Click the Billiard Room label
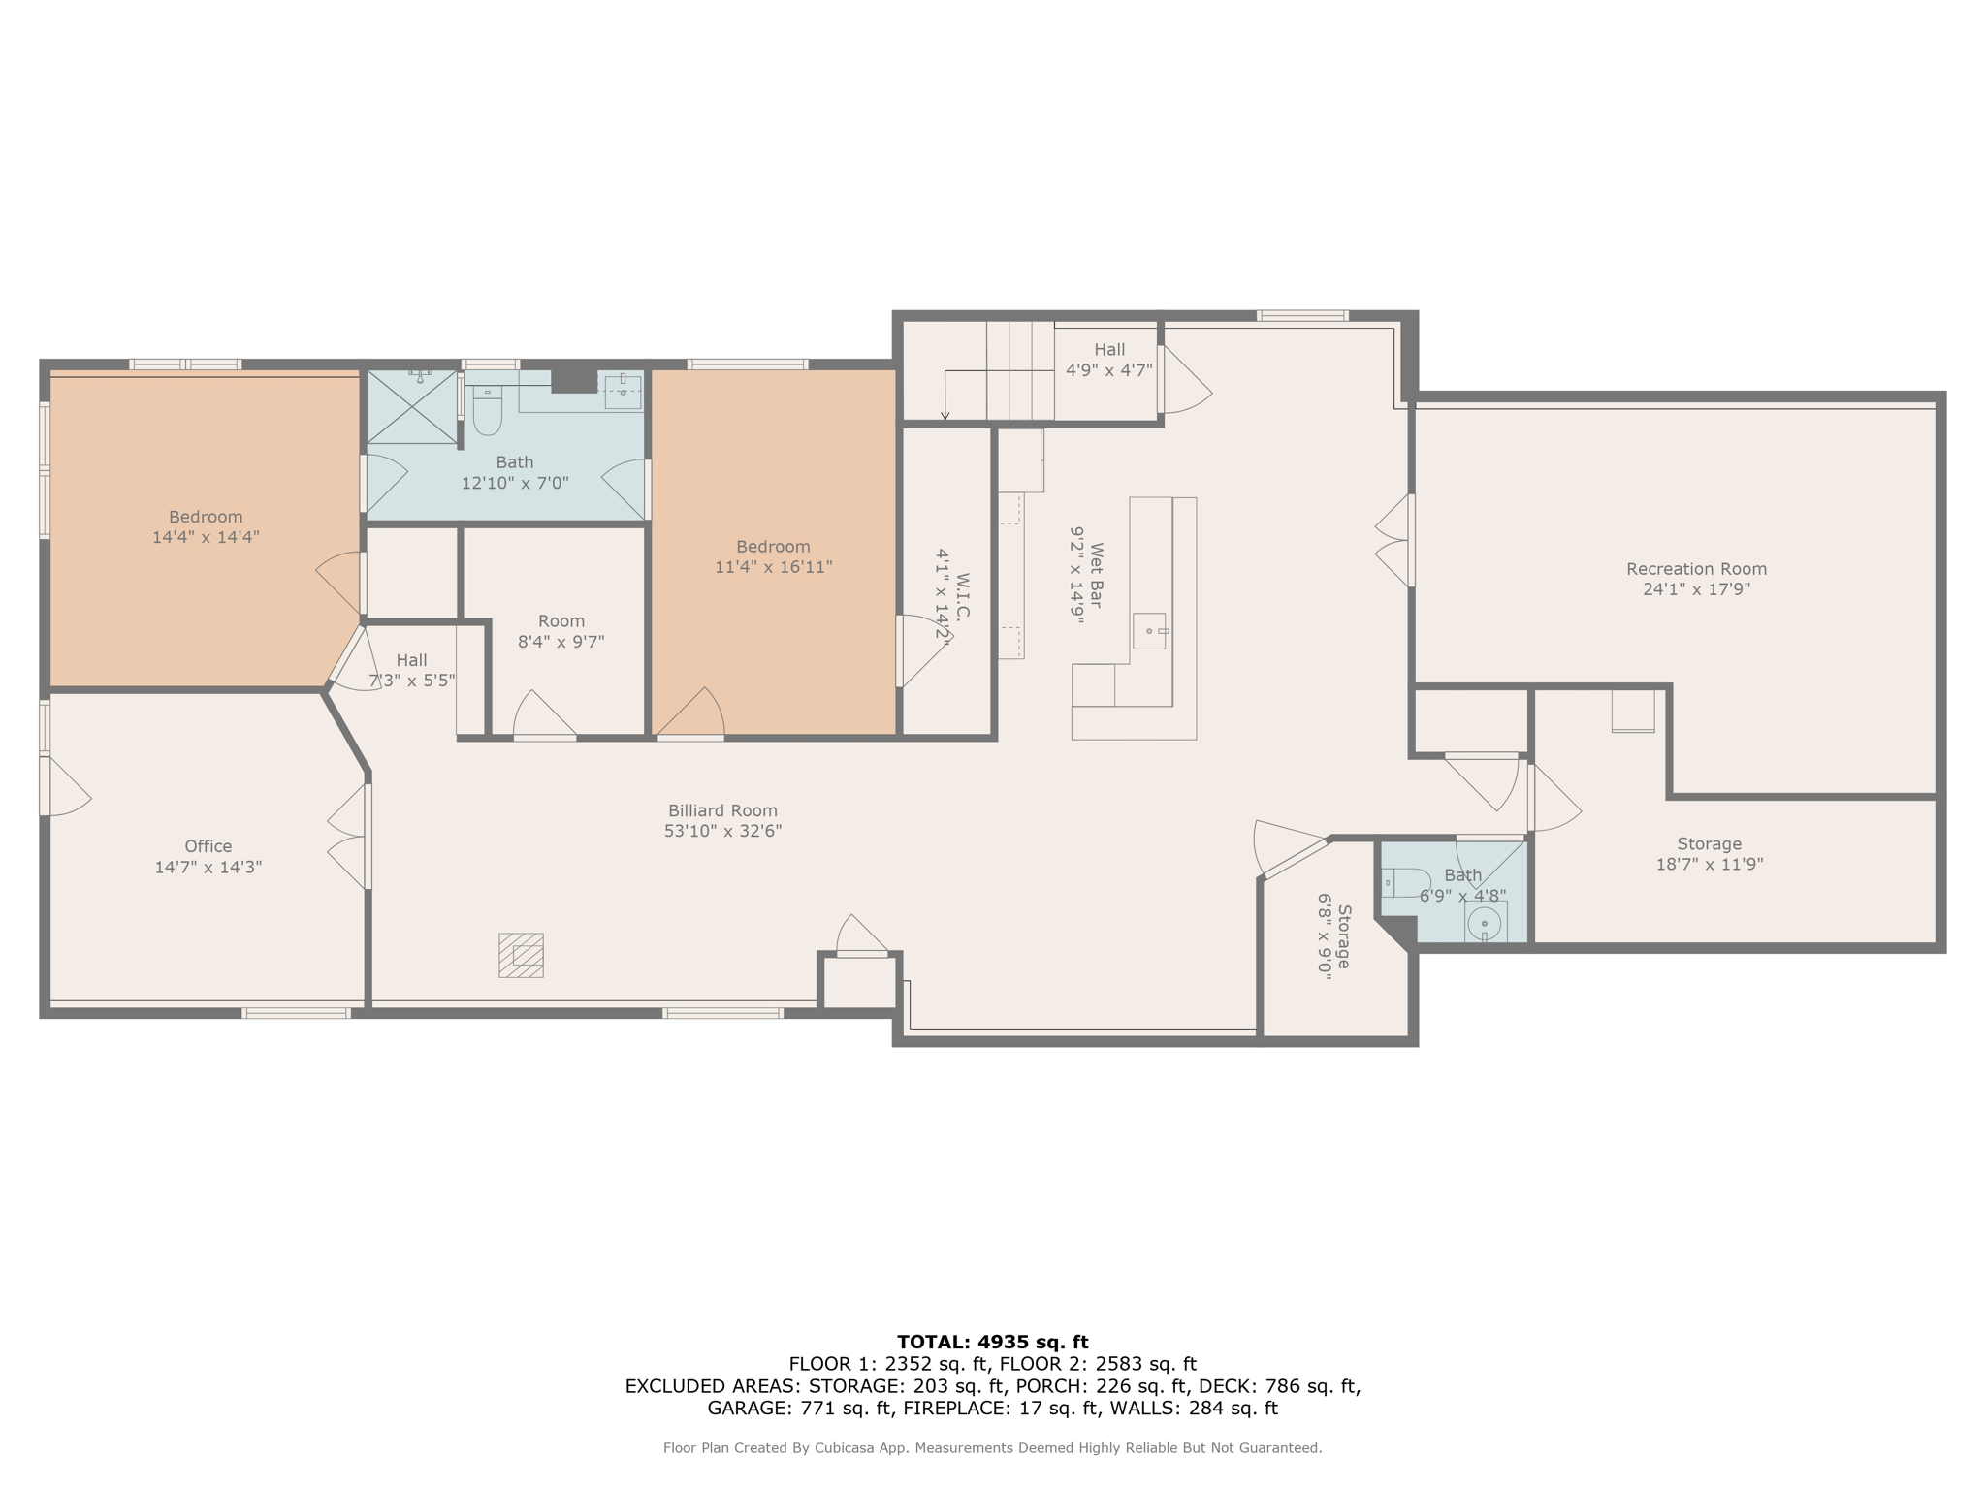coord(722,810)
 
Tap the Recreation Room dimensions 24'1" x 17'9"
coord(1696,589)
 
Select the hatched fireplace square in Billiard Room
coord(521,955)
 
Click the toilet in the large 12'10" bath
coord(487,413)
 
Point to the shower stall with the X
coord(411,407)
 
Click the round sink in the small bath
coord(1484,925)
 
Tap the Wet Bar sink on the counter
coord(1150,631)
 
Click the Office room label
coord(208,846)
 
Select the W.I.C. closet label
coord(962,595)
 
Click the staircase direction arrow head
coord(945,417)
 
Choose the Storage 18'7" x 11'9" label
coord(1709,854)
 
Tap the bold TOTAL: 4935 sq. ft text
coord(992,1342)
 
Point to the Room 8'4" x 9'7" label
coord(561,631)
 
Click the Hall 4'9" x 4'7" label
coord(1109,360)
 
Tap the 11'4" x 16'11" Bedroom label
coord(773,556)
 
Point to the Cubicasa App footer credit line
coord(992,1448)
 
